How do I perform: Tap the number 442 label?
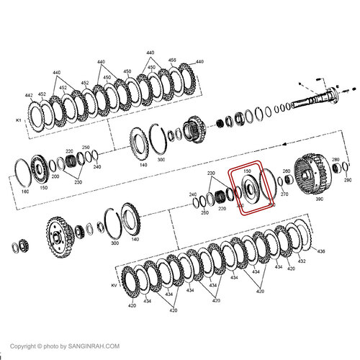pos(29,95)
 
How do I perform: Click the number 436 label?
pos(320,251)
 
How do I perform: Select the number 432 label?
pos(301,261)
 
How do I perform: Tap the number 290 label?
pos(348,181)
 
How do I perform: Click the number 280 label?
pos(286,171)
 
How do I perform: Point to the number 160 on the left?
pos(25,192)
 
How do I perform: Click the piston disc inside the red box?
pos(248,189)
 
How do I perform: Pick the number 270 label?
pos(284,194)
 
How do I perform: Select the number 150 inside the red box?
pos(247,171)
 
